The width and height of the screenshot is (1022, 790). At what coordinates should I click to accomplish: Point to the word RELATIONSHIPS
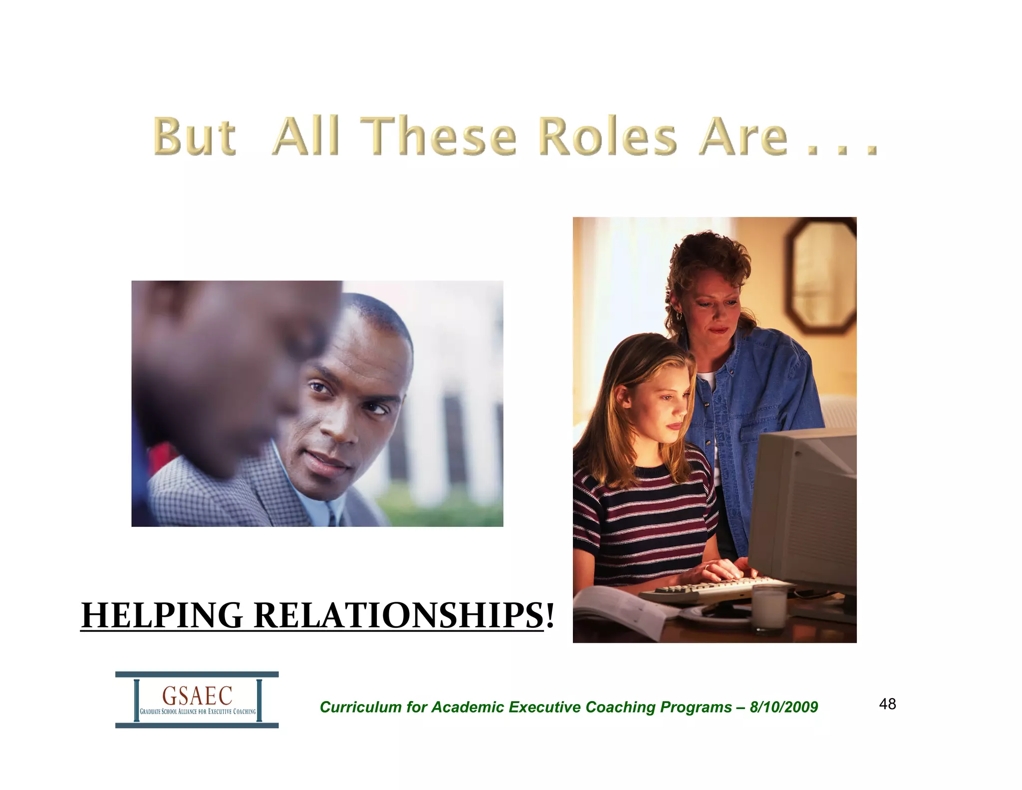coord(398,615)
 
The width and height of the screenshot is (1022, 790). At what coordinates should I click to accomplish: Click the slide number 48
coord(887,704)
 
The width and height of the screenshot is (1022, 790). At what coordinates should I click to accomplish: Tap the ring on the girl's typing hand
coord(707,567)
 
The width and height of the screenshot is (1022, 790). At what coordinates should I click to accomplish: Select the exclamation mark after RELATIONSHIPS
coord(550,615)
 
